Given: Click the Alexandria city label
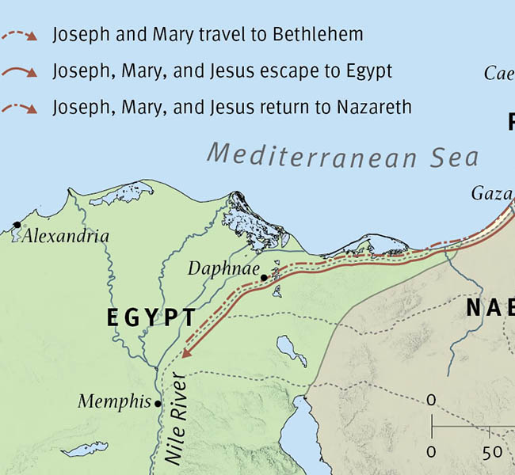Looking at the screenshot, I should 66,236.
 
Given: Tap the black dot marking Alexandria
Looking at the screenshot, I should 17,226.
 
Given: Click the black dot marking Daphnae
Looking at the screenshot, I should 264,278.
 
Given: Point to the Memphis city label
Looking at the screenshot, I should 114,402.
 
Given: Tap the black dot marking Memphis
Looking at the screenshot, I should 158,404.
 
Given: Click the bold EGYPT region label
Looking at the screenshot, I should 151,317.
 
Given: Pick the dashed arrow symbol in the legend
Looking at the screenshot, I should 19,35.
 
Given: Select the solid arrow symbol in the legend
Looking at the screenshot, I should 19,71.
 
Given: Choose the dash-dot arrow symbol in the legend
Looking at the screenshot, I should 19,107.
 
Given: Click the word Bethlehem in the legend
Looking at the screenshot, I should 318,35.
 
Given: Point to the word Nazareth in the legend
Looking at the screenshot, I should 373,106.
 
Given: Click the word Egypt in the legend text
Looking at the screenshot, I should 368,70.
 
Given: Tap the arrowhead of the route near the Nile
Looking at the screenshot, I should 186,353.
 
